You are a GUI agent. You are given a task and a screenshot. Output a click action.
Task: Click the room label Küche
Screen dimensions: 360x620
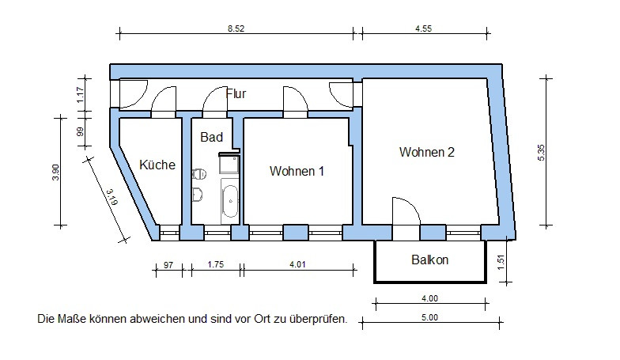pos(157,165)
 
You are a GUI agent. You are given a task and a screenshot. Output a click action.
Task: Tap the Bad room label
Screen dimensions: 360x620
pos(211,137)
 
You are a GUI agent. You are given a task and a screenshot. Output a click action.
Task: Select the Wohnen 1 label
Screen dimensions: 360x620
pos(297,170)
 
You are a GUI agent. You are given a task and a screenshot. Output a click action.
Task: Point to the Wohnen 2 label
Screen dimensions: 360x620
pos(426,152)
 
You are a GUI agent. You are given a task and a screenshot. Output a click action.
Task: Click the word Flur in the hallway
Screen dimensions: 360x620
pos(236,93)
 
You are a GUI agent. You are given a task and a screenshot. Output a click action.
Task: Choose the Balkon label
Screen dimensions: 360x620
pos(430,260)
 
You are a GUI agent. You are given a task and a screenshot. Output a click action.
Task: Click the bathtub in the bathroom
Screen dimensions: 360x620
pos(230,202)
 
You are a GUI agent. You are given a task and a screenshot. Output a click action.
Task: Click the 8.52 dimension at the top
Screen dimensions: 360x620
pos(236,27)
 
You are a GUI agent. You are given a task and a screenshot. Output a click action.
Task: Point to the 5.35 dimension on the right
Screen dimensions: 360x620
pos(541,151)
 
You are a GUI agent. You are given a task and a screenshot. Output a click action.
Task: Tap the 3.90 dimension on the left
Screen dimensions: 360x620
pos(55,172)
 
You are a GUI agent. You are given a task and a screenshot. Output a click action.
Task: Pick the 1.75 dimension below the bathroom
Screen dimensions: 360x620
pos(214,265)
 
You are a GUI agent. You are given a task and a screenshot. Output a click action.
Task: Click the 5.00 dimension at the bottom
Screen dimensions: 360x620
pos(429,316)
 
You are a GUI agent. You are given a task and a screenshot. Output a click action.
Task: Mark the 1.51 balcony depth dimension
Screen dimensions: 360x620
pos(501,262)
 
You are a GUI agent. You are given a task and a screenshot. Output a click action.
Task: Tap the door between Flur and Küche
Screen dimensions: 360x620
pos(164,100)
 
